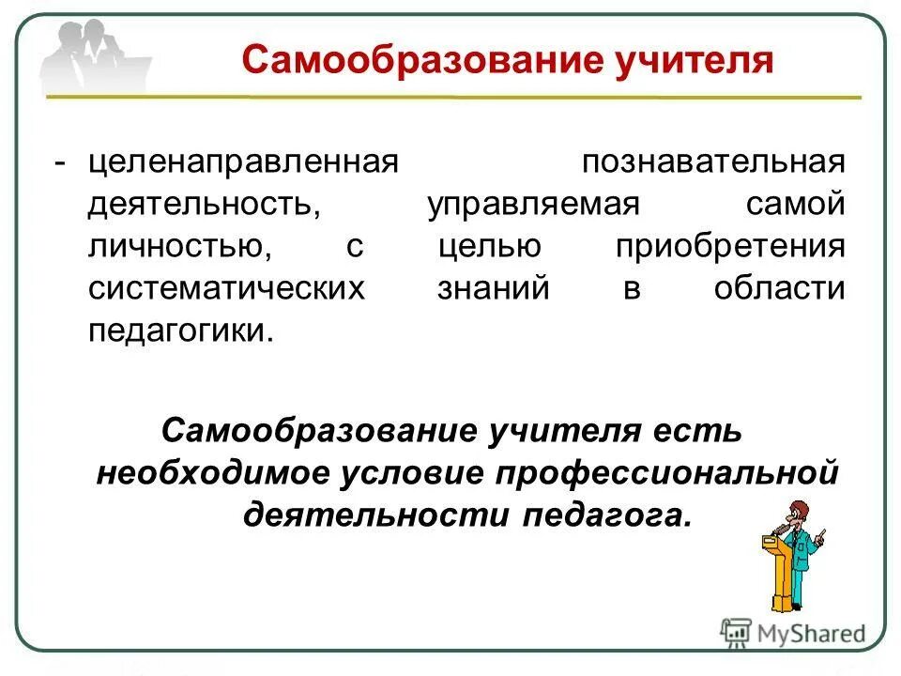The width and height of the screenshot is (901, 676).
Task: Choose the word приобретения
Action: [730, 246]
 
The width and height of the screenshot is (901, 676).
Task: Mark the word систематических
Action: [225, 288]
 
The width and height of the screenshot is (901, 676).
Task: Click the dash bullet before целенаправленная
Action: [60, 161]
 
